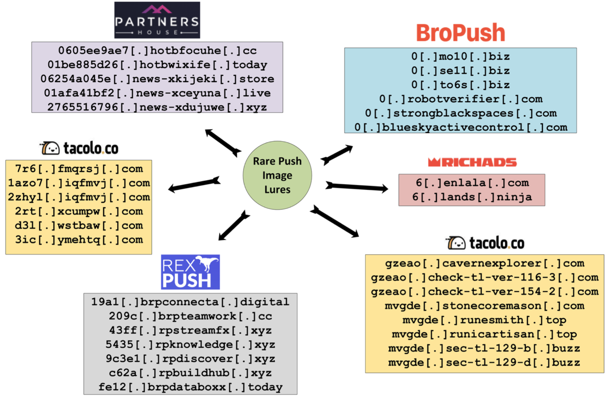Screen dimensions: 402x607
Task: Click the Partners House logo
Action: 157,20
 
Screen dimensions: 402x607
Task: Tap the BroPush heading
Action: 460,33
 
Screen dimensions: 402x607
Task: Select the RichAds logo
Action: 472,162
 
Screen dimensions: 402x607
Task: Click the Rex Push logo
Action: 190,272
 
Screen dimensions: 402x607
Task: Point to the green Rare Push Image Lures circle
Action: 277,175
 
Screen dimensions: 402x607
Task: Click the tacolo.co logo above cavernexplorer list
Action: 485,243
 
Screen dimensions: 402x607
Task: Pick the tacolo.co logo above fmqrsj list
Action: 79,148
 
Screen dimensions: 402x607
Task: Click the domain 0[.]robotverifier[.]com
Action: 460,99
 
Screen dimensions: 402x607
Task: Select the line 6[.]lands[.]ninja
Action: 472,197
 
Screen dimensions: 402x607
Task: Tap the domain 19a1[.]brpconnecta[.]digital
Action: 190,302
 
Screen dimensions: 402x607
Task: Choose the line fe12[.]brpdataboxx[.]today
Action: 190,387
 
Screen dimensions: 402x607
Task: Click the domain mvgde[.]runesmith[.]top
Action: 484,320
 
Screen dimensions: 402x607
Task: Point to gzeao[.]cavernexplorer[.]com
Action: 484,263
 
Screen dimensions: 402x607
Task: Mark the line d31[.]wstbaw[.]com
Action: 79,226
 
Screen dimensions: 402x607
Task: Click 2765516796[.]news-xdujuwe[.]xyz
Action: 157,107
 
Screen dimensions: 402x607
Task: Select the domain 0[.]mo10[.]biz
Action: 460,56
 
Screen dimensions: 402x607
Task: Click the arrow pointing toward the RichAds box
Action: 357,187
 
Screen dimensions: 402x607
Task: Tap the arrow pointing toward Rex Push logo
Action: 234,226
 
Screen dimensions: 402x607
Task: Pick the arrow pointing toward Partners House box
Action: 223,143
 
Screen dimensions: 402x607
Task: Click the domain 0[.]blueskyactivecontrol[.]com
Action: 460,127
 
